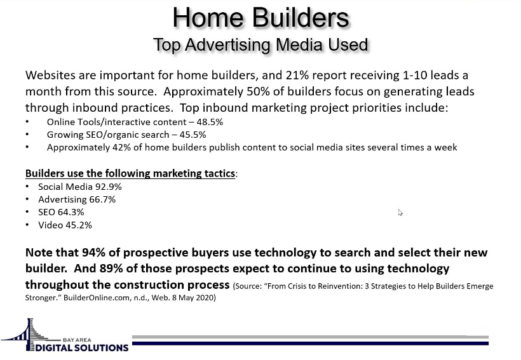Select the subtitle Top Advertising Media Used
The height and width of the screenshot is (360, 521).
coord(261,44)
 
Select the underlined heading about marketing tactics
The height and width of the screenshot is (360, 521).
coord(130,173)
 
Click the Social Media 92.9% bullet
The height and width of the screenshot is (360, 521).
coord(80,187)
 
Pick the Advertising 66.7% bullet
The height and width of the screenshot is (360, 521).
coord(77,199)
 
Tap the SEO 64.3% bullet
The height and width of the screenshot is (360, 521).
coord(61,212)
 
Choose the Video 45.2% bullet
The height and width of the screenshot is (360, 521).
coord(65,225)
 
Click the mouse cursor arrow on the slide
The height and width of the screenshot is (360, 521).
coord(400,213)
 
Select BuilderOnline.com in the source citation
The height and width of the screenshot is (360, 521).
coord(96,298)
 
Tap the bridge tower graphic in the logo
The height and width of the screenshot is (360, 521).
coord(30,334)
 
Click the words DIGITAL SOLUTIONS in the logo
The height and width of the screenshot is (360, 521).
coord(82,348)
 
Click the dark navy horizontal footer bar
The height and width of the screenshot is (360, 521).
coord(310,343)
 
